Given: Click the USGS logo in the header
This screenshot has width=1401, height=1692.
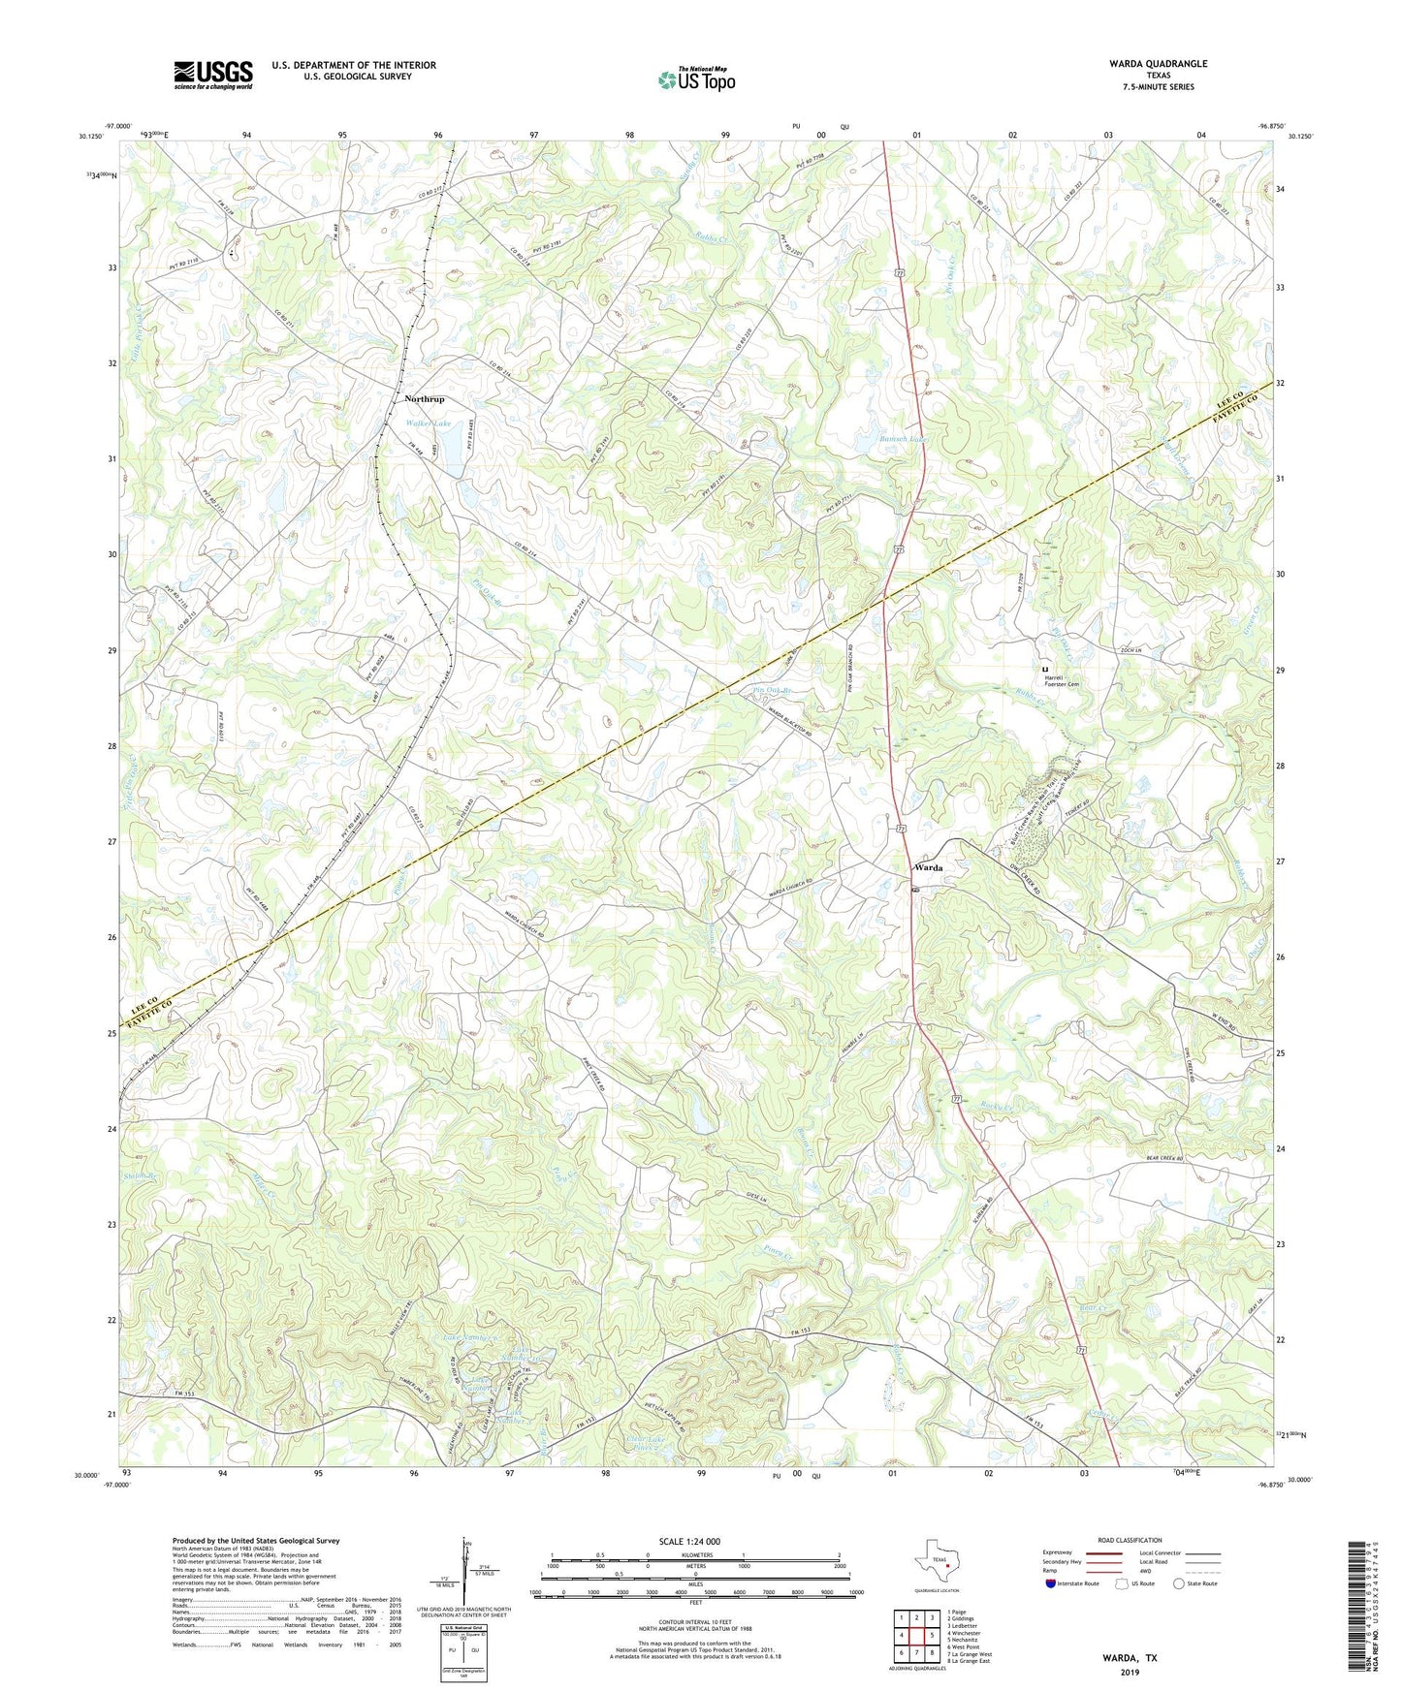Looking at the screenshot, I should point(212,75).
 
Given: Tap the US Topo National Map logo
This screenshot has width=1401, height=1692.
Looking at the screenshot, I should point(695,78).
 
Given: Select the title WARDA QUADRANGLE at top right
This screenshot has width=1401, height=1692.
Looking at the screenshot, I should point(1159,64).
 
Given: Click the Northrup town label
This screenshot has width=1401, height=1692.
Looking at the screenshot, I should point(425,399).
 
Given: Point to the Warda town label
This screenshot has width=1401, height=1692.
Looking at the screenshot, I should point(928,867).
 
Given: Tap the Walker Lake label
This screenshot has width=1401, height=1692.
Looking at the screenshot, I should point(428,423).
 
